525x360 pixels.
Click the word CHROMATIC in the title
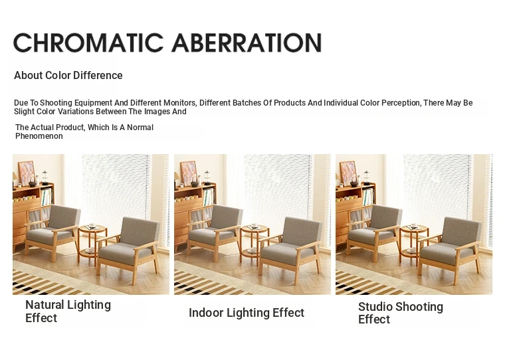coord(88,43)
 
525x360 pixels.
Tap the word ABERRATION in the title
coord(247,43)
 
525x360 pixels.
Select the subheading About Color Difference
coord(68,75)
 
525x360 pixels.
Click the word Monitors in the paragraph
coord(180,103)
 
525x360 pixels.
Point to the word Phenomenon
coord(39,136)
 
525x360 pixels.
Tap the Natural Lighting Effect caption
coord(68,311)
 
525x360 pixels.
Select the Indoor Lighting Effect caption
coord(247,313)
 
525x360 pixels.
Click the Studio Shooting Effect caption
coord(401,313)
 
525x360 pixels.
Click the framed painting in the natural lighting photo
coord(26,173)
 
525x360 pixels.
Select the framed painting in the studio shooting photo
coord(348,173)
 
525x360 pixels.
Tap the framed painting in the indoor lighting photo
coord(188,173)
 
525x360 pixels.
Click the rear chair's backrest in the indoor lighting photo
coord(227,217)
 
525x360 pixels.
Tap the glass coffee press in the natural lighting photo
coord(45,177)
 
